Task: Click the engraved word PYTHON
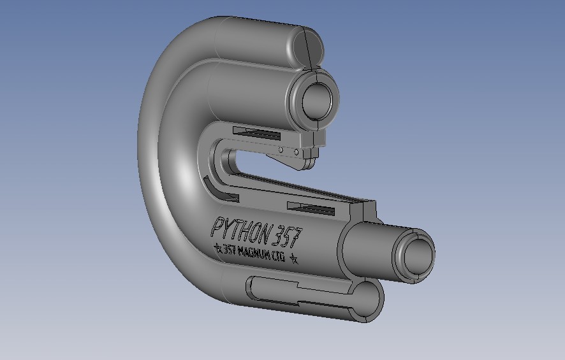(x=240, y=229)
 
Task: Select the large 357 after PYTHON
(x=287, y=235)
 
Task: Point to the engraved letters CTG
(x=279, y=256)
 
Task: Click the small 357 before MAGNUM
(x=230, y=249)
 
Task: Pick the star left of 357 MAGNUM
(x=218, y=247)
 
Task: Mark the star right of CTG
(x=294, y=258)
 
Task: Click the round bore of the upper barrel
(x=317, y=101)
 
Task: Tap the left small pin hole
(x=281, y=149)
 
